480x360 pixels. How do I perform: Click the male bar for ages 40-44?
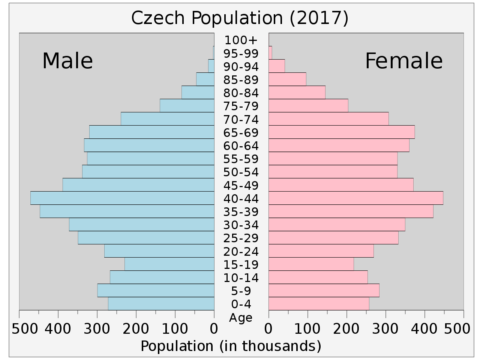tap(122, 198)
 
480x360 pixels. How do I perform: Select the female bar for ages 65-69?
tap(341, 132)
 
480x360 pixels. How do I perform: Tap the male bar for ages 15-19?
tap(169, 264)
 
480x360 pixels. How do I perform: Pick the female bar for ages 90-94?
tap(277, 66)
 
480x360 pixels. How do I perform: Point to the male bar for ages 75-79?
tap(187, 105)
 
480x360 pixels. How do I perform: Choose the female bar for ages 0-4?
tap(319, 304)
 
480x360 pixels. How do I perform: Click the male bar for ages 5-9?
tap(156, 291)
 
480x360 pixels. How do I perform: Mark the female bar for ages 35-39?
tap(351, 211)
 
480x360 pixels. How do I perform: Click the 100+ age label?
tap(241, 40)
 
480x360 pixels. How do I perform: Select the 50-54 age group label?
tap(241, 172)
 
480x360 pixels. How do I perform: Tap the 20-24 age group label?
tap(241, 252)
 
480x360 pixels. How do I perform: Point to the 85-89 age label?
tap(241, 80)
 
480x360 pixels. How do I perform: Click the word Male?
tap(67, 61)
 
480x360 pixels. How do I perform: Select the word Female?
tap(403, 61)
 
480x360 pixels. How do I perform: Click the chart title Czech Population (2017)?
tap(240, 18)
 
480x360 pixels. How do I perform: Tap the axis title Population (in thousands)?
tap(231, 346)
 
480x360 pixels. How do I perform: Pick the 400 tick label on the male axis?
tap(58, 329)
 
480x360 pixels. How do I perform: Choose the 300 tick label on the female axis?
tap(385, 329)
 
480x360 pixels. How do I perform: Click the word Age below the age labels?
tap(241, 318)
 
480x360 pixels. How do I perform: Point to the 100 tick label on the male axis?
tap(175, 329)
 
